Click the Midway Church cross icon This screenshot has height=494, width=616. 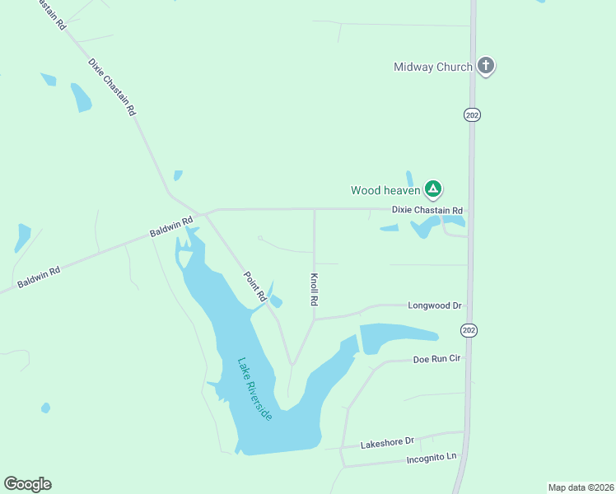click(x=486, y=66)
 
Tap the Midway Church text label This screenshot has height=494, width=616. click(x=433, y=67)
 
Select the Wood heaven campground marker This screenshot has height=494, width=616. click(x=433, y=189)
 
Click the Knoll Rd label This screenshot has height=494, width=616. click(x=314, y=290)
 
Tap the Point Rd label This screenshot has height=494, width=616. click(x=254, y=285)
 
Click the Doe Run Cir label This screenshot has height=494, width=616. click(x=436, y=360)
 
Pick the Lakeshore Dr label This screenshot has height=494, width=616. click(x=386, y=443)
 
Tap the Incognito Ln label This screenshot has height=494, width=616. click(x=431, y=457)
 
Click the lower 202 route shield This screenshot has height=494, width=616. click(x=469, y=330)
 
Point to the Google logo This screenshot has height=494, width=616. click(x=27, y=484)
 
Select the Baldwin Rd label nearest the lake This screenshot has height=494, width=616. click(x=171, y=227)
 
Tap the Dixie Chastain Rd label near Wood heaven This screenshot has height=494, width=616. click(x=427, y=211)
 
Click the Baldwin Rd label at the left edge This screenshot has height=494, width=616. click(x=39, y=277)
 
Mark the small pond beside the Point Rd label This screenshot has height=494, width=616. click(x=275, y=301)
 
